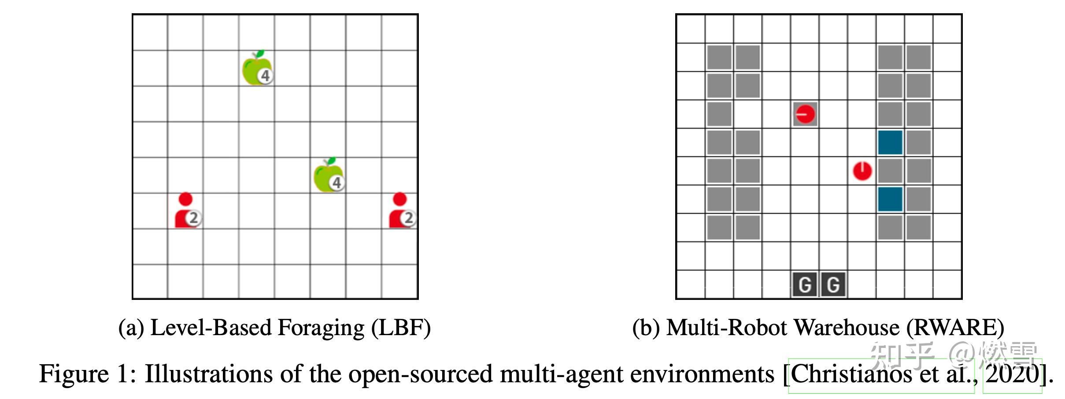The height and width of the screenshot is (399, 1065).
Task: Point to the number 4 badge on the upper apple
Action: click(265, 76)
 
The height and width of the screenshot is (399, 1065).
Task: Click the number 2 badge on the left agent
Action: click(194, 218)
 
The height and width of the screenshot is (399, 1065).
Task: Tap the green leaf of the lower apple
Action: click(331, 161)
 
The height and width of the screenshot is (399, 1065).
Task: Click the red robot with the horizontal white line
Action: click(805, 115)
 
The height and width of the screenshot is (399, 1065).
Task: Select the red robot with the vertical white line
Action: click(862, 171)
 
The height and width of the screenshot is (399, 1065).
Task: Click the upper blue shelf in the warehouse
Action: click(890, 142)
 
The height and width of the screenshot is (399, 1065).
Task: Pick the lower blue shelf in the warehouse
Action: click(890, 199)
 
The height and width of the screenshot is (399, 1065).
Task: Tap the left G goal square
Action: click(805, 284)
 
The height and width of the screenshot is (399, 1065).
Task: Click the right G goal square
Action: click(833, 284)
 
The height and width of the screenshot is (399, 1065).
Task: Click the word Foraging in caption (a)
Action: click(321, 329)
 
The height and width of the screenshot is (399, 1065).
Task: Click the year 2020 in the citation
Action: click(1012, 374)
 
